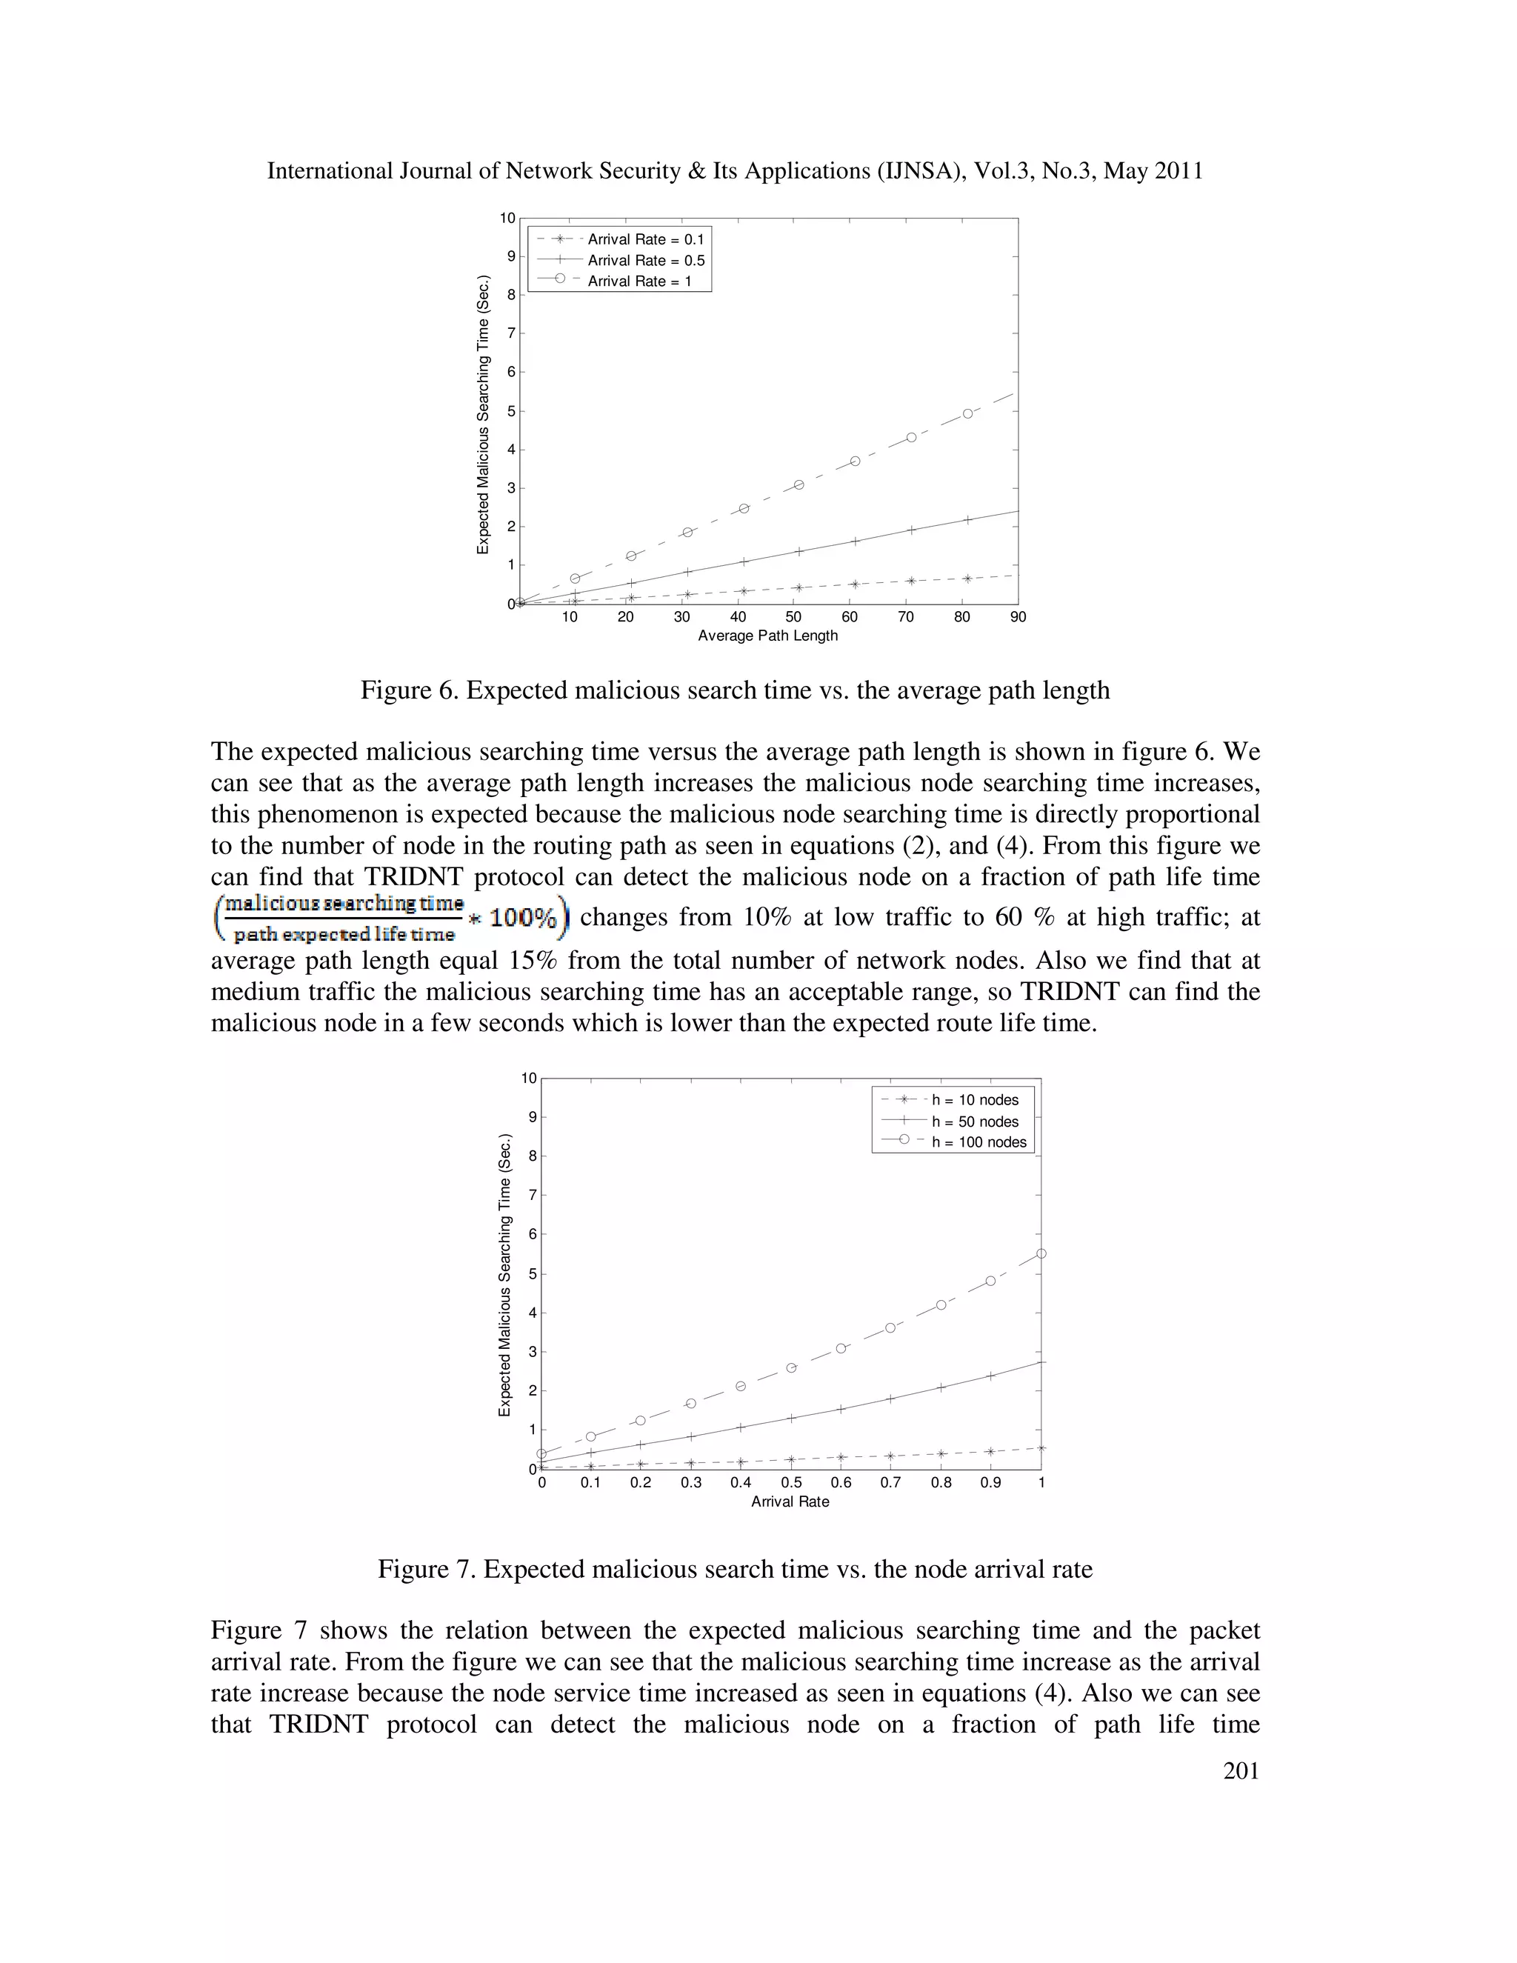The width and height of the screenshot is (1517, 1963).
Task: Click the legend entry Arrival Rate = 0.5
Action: coord(645,261)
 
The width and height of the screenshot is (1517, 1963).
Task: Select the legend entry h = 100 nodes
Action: coord(978,1142)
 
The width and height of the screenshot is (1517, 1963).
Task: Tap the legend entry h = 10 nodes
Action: coord(974,1100)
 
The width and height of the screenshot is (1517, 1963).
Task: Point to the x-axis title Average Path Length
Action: coord(767,636)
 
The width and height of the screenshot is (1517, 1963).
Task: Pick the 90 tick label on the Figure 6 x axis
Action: coord(1017,616)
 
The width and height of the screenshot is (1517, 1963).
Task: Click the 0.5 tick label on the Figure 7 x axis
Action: coord(791,1483)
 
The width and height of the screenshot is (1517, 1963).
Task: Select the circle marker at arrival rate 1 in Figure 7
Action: coord(1041,1253)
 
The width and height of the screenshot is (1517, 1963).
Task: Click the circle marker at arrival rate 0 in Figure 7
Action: coord(542,1453)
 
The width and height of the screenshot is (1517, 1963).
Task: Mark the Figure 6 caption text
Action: coord(735,690)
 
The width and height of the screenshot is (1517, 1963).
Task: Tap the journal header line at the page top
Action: coord(735,171)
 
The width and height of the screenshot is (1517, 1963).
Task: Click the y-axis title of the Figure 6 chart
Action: coord(484,413)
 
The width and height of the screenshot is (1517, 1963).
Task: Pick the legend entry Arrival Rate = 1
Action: coord(639,281)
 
